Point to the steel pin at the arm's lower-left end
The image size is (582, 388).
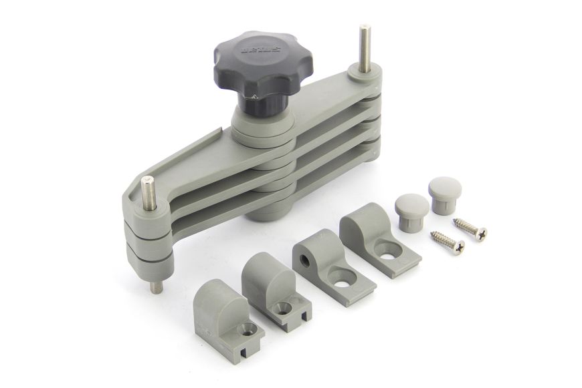(x=149, y=193)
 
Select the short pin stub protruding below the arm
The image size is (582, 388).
(x=155, y=286)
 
